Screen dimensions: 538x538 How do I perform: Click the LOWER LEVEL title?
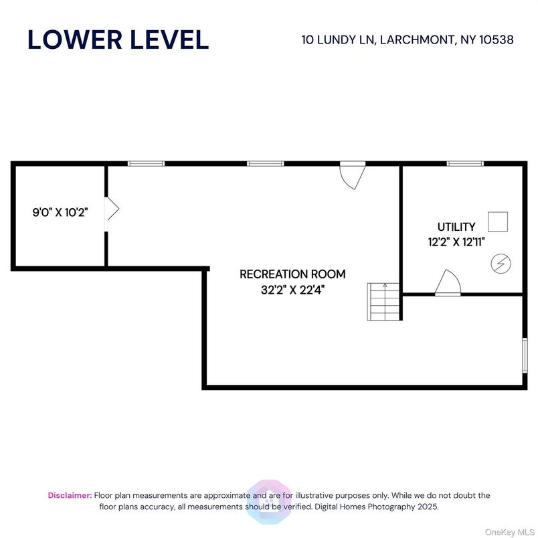[118, 39]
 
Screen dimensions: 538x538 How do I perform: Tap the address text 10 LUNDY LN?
[339, 39]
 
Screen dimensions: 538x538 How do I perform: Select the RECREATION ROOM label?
[292, 274]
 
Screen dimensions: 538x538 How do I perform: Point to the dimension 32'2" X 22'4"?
[292, 290]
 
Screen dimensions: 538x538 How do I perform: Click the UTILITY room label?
[456, 227]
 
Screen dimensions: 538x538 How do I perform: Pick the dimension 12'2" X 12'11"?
[456, 242]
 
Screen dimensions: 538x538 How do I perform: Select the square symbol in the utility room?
[497, 221]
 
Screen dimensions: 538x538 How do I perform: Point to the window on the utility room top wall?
[465, 163]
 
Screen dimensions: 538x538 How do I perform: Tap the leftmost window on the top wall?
[146, 163]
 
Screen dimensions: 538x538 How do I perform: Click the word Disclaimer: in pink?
[70, 495]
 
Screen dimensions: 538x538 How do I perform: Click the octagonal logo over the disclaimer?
[268, 501]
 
